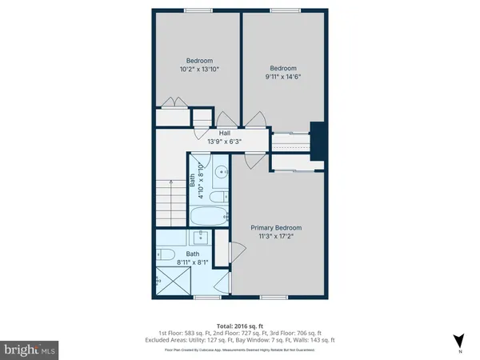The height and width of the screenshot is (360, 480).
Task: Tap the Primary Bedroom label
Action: tap(280, 227)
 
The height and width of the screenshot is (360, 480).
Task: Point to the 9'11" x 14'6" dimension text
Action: tap(285, 77)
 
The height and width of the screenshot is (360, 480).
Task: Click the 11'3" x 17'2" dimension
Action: tap(280, 237)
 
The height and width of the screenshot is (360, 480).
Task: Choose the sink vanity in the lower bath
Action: tap(199, 237)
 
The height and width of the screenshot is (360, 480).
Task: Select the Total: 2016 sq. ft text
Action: tap(240, 326)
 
